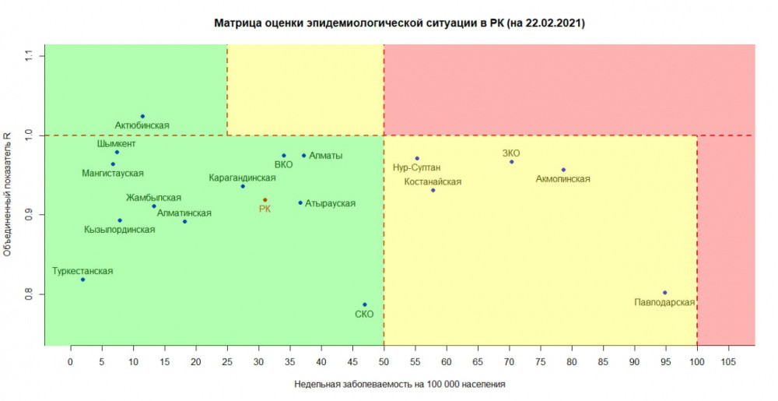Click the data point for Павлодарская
pyautogui.click(x=664, y=293)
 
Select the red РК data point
pyautogui.click(x=265, y=200)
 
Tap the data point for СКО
pyautogui.click(x=364, y=304)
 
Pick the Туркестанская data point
pyautogui.click(x=82, y=280)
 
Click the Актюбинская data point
pyautogui.click(x=142, y=116)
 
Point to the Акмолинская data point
pyautogui.click(x=563, y=170)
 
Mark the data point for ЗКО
pyautogui.click(x=511, y=162)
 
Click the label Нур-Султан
pyautogui.click(x=418, y=167)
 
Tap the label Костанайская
pyautogui.click(x=433, y=181)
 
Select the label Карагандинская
pyautogui.click(x=243, y=178)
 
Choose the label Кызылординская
pyautogui.click(x=120, y=230)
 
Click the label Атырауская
pyautogui.click(x=330, y=203)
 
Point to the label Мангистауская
pyautogui.click(x=113, y=173)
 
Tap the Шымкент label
pyautogui.click(x=117, y=144)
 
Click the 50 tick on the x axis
pyautogui.click(x=384, y=361)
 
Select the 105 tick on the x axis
pyautogui.click(x=728, y=361)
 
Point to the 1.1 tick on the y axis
pyautogui.click(x=29, y=55)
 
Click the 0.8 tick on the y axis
pyautogui.click(x=29, y=294)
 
